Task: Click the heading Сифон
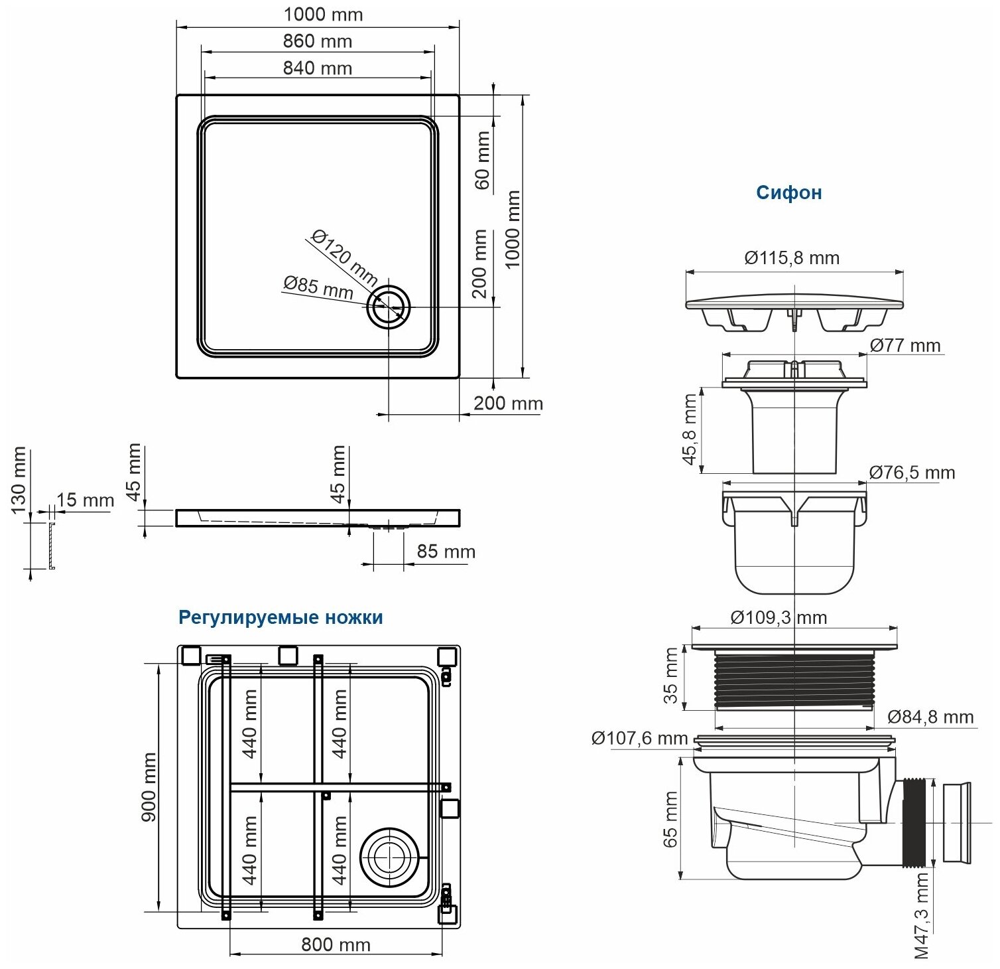point(788,192)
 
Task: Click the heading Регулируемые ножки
point(281,617)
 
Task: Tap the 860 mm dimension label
point(317,41)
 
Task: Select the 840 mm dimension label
point(317,68)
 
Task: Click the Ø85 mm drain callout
point(318,287)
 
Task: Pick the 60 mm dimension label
point(482,160)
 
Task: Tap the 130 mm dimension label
point(18,479)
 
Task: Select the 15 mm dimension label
point(85,500)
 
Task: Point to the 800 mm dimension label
point(336,944)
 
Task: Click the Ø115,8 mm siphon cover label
point(792,258)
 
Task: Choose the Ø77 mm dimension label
point(905,345)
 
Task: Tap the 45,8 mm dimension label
point(690,429)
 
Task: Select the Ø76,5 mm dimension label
point(912,473)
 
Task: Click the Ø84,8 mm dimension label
point(930,717)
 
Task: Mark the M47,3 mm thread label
point(922,916)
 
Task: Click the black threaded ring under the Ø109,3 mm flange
point(794,681)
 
